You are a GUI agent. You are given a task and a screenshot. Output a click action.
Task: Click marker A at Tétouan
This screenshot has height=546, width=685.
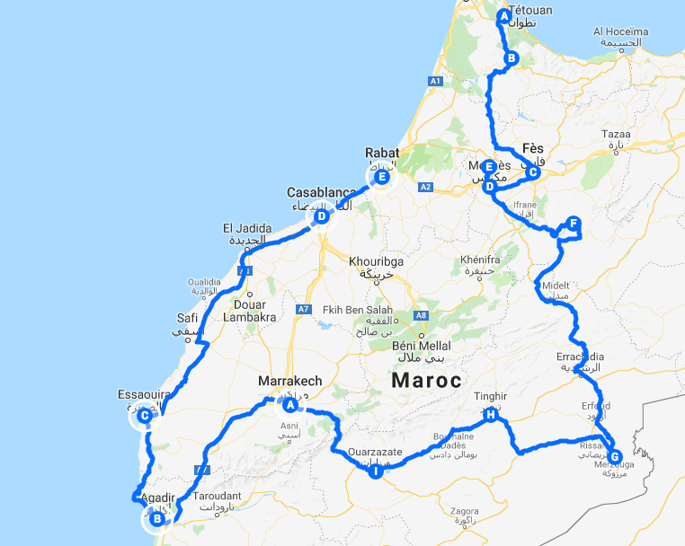coord(503,15)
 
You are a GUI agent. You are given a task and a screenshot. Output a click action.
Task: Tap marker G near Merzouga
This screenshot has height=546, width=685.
coord(615,456)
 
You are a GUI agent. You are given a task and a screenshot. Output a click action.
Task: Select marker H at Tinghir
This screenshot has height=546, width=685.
coord(490,415)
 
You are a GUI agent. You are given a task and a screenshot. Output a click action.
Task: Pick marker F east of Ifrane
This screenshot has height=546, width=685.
coord(573,224)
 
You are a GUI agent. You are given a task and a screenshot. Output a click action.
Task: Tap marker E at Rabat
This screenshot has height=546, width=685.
coord(382,177)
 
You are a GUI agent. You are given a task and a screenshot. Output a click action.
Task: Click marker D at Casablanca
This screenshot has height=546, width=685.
coord(320,216)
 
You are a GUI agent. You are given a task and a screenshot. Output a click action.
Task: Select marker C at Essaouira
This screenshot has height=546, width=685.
coord(144,415)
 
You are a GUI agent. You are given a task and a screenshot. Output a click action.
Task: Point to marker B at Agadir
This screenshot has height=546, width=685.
coord(157,518)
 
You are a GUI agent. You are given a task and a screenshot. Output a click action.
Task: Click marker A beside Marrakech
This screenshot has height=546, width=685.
coord(289,405)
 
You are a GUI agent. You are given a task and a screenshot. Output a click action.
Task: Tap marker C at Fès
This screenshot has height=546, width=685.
coord(532,172)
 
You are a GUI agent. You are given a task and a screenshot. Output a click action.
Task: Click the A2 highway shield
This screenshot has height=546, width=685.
coord(425,187)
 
